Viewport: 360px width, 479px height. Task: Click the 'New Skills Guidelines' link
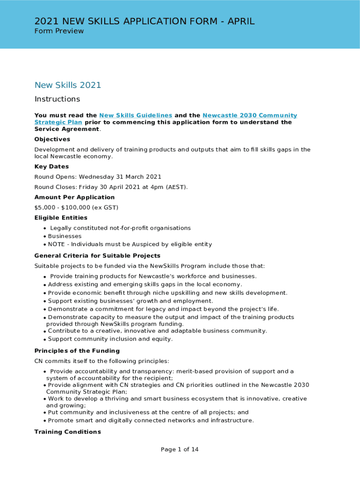136,116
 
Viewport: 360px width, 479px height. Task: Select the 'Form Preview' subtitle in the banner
59,31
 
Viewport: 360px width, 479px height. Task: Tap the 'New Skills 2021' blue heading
68,85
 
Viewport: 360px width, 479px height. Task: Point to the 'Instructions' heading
57,99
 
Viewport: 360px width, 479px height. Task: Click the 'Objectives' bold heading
52,139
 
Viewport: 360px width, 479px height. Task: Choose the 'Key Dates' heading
51,167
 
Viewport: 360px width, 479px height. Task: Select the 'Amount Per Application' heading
74,197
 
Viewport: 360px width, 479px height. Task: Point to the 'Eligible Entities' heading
61,218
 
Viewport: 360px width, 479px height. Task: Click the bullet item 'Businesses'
65,236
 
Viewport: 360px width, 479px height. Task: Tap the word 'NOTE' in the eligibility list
57,244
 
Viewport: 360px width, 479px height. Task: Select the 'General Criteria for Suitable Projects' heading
97,256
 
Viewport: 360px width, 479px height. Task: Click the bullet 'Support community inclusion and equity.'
110,339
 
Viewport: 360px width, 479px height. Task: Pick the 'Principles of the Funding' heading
77,351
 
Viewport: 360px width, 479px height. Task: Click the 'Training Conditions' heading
67,432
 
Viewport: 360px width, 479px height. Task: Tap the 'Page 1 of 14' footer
180,450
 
